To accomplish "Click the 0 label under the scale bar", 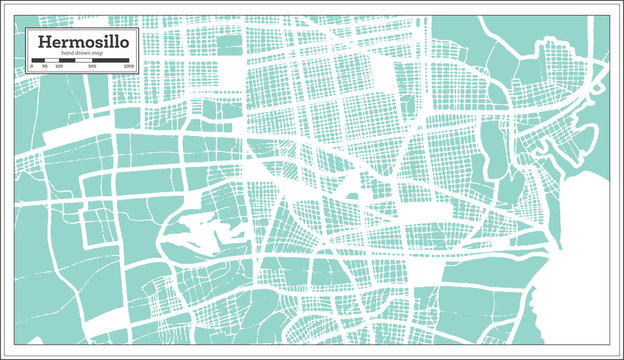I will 31,67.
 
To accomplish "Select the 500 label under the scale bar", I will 92,67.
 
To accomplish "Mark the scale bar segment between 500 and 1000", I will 111,61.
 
